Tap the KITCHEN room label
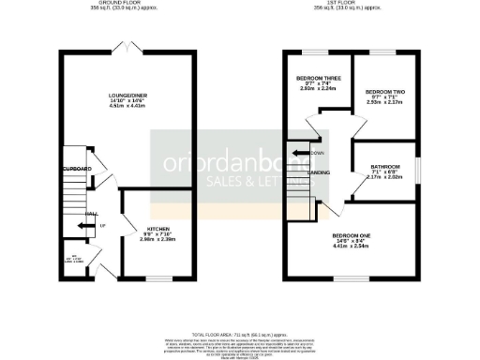[x=157, y=230]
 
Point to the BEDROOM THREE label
[x=316, y=77]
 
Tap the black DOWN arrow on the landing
[x=300, y=152]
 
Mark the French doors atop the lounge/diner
[x=127, y=48]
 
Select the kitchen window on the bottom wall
[x=158, y=278]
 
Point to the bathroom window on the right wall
[x=417, y=168]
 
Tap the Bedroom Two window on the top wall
[x=383, y=53]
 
